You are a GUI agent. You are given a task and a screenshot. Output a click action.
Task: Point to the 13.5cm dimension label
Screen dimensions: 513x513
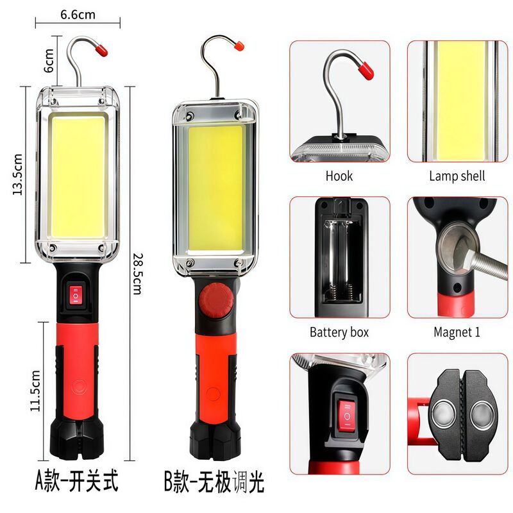point(19,174)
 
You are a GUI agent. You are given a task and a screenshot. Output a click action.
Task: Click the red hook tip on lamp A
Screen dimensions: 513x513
point(101,47)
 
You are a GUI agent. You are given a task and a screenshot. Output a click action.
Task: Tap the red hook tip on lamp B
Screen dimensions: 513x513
point(238,46)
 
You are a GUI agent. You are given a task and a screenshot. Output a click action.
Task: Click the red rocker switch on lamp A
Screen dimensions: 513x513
point(75,296)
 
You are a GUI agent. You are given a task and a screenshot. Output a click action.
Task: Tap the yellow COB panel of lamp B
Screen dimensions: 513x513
point(216,186)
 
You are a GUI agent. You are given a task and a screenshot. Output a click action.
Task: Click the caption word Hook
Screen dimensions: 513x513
point(339,176)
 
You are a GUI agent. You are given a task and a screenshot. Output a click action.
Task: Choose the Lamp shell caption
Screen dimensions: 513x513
point(457,176)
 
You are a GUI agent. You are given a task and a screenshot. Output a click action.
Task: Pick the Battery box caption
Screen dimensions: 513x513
point(339,332)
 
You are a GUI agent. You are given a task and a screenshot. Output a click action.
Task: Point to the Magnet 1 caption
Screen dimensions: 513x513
point(457,332)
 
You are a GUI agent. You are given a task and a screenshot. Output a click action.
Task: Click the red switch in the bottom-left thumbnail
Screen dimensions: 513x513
point(346,414)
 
